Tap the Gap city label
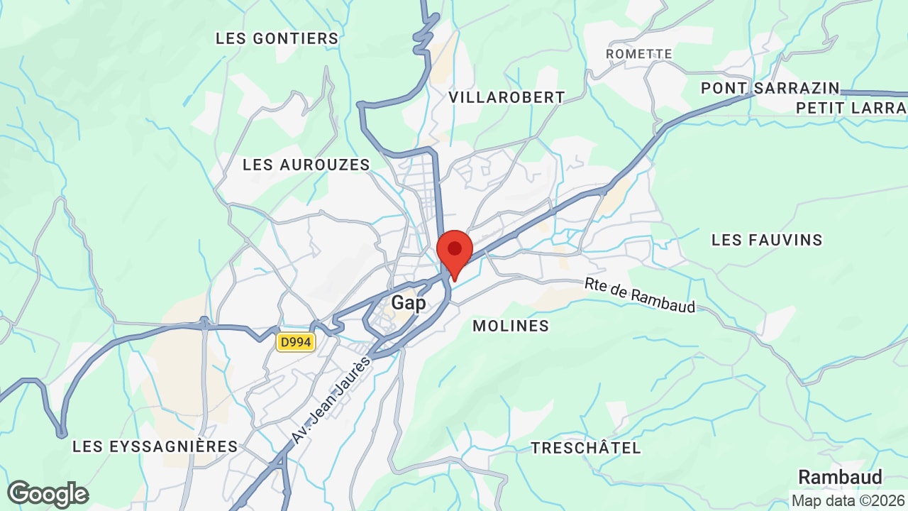coord(409,303)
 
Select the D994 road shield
coord(296,343)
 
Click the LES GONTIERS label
coord(277,38)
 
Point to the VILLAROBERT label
coord(507,97)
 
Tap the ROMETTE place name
coord(639,54)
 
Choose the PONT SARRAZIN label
coord(770,88)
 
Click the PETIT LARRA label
coord(851,108)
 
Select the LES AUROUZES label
coord(306,165)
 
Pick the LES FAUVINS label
coord(767,240)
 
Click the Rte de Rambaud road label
coord(640,295)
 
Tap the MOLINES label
coord(511,326)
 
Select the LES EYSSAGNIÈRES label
coord(155,446)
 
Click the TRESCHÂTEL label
coord(586,448)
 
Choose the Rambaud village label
coord(841,476)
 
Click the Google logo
coord(48,494)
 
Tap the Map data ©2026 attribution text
coord(848,500)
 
